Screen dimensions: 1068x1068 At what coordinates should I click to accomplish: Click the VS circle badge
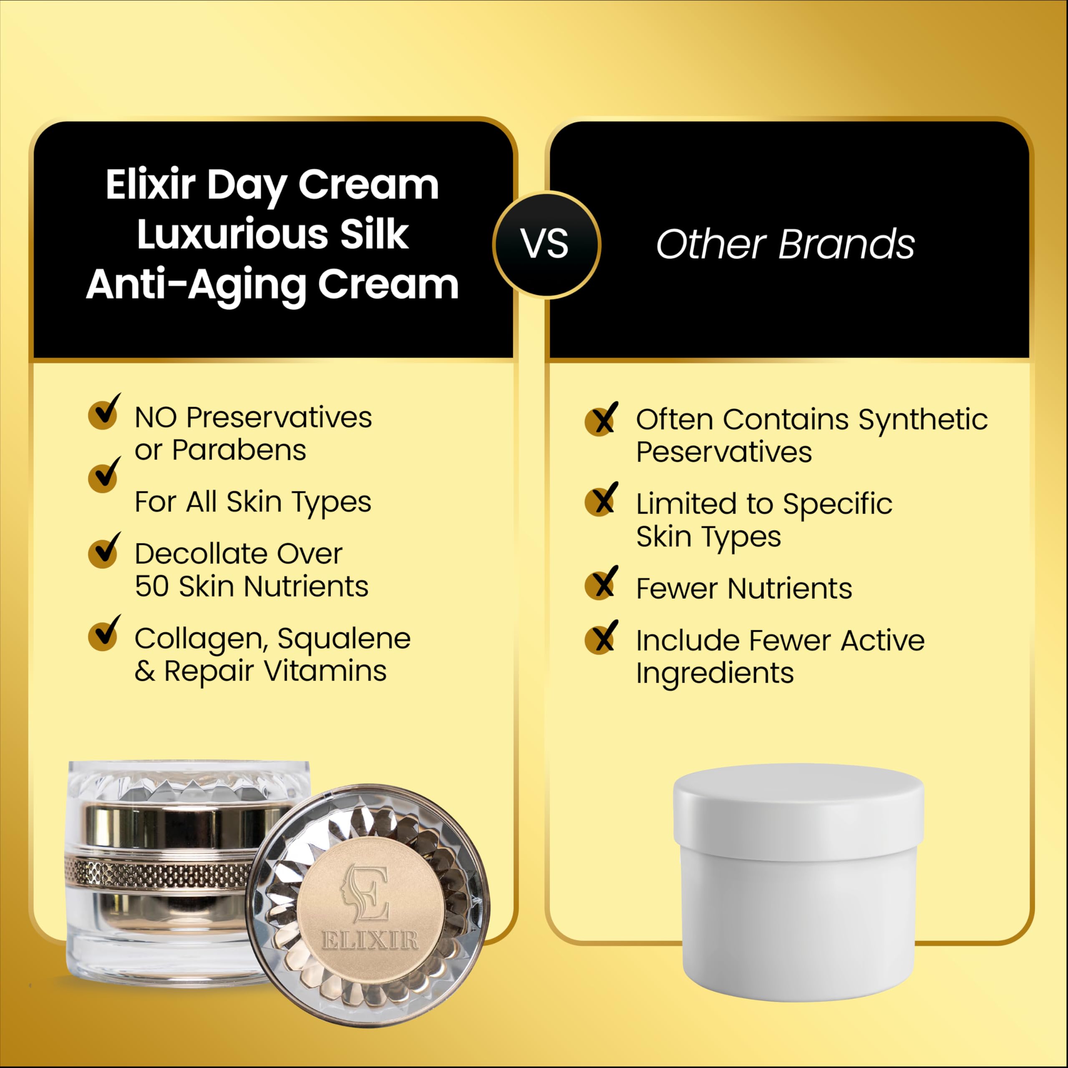coord(546,244)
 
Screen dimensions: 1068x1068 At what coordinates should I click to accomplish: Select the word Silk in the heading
coord(374,234)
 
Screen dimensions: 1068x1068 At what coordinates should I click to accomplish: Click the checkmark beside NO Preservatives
coord(104,411)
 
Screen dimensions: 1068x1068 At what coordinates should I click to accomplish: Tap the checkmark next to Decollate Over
coord(104,550)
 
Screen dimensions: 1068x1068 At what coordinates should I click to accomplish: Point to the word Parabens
coord(239,450)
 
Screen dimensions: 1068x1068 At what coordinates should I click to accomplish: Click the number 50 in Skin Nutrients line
coord(151,587)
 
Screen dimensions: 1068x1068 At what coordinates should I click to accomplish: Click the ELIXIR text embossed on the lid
coord(370,940)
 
